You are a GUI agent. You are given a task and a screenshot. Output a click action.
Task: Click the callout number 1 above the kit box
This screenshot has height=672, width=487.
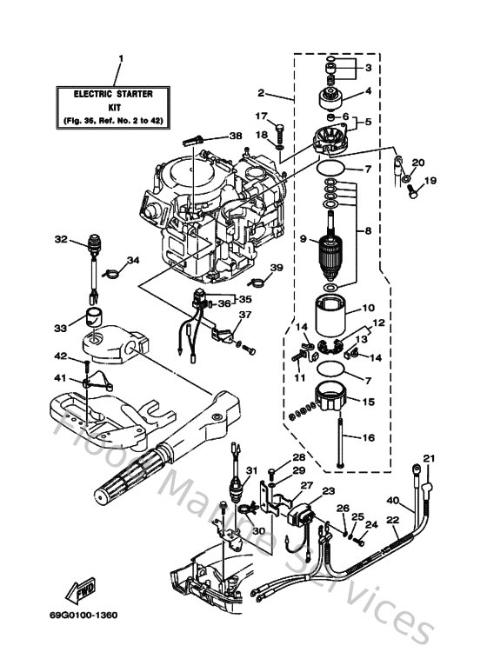[120, 59]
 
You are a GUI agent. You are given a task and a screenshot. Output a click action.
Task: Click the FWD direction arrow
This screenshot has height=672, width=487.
[83, 587]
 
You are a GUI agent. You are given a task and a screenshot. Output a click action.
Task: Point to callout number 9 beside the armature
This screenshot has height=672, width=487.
[302, 238]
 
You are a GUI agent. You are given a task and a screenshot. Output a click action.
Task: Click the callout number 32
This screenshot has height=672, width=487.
[60, 239]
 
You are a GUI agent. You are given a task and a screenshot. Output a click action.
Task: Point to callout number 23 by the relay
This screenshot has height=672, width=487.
[329, 491]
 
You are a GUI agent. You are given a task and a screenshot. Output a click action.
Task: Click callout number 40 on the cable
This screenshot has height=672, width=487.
[393, 501]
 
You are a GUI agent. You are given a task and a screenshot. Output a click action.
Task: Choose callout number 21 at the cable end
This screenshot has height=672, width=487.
[428, 458]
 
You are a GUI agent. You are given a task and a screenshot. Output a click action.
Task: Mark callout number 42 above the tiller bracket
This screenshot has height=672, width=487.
[60, 356]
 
